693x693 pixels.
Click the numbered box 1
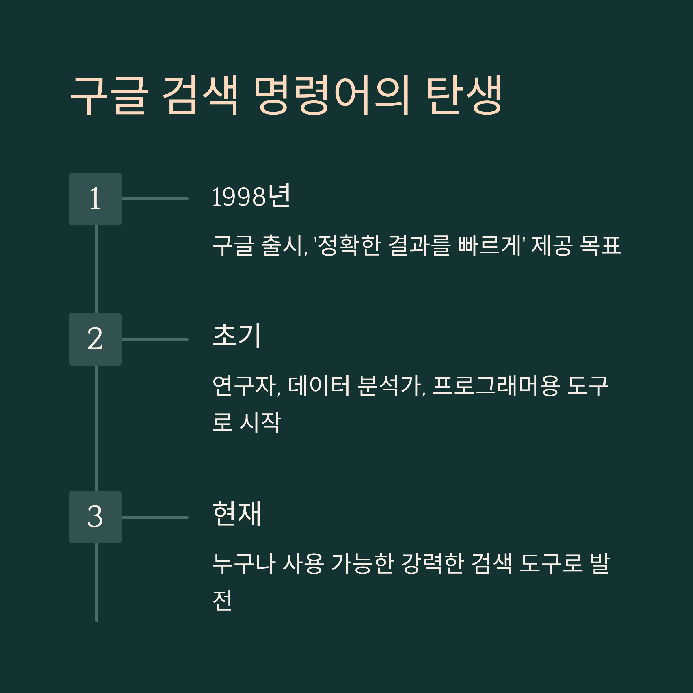(95, 199)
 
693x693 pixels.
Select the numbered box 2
(95, 339)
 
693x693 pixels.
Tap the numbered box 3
(95, 517)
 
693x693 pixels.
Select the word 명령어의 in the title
(331, 95)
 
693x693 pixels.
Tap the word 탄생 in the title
(464, 95)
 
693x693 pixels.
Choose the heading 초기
(236, 336)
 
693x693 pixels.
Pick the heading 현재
(237, 513)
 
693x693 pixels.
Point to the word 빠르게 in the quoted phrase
(489, 245)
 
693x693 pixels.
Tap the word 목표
(601, 245)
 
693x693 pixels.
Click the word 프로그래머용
(496, 386)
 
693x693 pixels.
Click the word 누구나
(244, 564)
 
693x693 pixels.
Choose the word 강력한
(433, 564)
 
